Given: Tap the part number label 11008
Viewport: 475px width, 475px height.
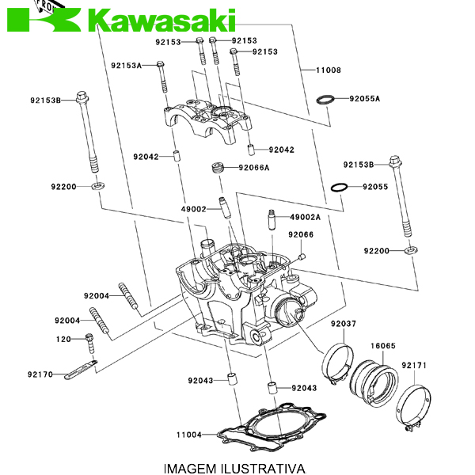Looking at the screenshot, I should coord(328,70).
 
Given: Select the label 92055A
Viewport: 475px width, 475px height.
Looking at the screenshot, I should coord(365,99).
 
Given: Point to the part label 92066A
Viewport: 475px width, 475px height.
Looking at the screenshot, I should coord(254,168).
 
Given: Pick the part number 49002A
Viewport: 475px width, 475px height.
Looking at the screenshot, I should coord(305,217).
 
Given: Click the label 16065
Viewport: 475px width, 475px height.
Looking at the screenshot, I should coord(383,346).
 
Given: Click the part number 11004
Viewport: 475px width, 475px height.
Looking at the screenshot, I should coord(189,435).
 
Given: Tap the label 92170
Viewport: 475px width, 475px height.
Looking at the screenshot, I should coord(40,374).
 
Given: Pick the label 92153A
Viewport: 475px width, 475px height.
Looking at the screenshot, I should coord(126,66).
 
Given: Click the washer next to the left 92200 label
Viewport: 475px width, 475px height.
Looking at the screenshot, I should coord(96,186).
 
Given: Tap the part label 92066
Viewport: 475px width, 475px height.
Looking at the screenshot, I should coord(301,234).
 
